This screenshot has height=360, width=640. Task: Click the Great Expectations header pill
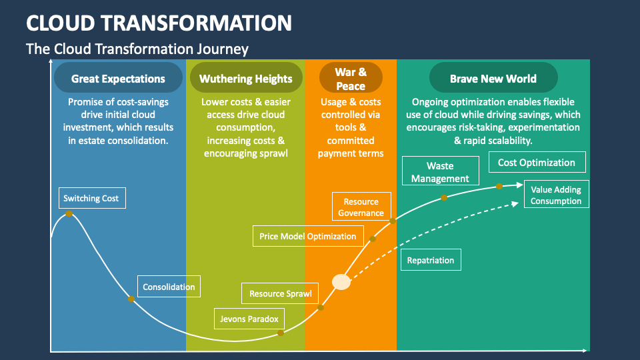(x=118, y=79)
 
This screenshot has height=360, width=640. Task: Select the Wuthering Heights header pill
(x=245, y=79)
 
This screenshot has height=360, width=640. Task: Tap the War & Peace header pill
(x=351, y=79)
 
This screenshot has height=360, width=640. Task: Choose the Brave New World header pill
(x=493, y=79)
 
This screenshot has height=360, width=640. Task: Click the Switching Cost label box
(x=91, y=198)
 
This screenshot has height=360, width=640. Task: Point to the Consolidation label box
(x=169, y=287)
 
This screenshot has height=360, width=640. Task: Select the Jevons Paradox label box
(x=249, y=319)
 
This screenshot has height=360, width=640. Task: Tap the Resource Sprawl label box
(x=280, y=293)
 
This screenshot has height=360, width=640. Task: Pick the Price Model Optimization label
(x=307, y=236)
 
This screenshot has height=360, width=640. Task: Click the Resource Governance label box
(x=361, y=207)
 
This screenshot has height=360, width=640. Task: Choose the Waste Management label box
(x=440, y=172)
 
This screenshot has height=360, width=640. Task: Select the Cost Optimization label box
(x=536, y=163)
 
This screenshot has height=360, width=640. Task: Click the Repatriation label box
(x=431, y=260)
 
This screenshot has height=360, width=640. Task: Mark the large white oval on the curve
(x=341, y=282)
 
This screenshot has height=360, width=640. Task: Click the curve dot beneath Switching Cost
(x=68, y=214)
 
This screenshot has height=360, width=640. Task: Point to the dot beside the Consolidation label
(x=131, y=299)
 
